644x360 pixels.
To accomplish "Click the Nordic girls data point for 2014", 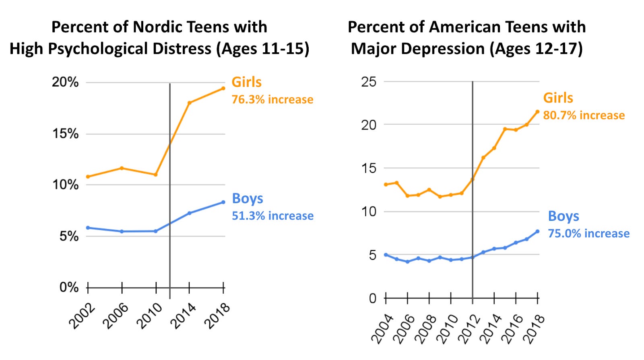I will pyautogui.click(x=189, y=103).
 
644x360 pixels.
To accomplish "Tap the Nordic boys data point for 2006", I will pyautogui.click(x=122, y=231).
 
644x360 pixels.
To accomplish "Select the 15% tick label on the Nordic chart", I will pyautogui.click(x=65, y=134).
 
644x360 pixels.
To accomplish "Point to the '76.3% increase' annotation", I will pyautogui.click(x=272, y=99).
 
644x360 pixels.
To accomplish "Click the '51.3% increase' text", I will pyautogui.click(x=272, y=216).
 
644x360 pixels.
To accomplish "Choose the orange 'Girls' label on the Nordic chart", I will pyautogui.click(x=246, y=82).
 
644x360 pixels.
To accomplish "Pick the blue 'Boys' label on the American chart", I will pyautogui.click(x=563, y=216).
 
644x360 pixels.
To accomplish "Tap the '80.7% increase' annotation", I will pyautogui.click(x=584, y=115).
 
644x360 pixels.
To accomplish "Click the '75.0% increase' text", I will pyautogui.click(x=589, y=234).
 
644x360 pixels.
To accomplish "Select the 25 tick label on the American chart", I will pyautogui.click(x=369, y=82).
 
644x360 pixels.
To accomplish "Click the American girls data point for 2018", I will pyautogui.click(x=537, y=112).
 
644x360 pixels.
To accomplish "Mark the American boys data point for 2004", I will pyautogui.click(x=386, y=255).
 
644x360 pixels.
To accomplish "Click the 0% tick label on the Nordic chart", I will pyautogui.click(x=69, y=287).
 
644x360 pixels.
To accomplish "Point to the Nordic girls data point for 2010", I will pyautogui.click(x=155, y=175).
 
